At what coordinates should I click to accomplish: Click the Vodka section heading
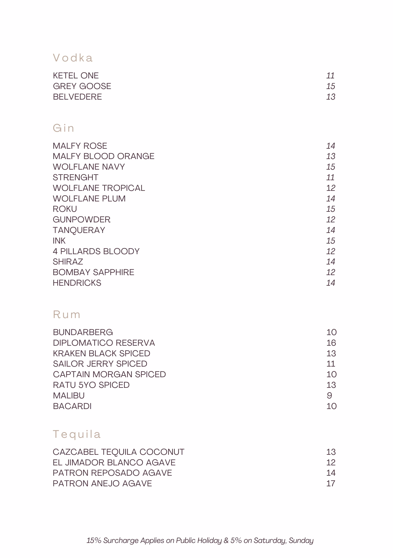73,58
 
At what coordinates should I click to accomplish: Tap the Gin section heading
64,128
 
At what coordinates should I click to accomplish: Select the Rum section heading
67,314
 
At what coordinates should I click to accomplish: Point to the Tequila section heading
77,434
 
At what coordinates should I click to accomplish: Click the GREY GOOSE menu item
82,86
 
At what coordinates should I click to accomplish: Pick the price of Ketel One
330,76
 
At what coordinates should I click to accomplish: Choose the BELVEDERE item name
77,97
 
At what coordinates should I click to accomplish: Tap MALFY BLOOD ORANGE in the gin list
103,156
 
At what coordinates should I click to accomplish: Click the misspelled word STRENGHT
76,177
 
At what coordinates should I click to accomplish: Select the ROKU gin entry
65,209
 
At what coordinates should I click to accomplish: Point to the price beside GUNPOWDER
331,220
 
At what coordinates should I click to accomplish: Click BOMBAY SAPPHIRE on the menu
93,272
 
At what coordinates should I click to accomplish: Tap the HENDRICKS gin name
77,283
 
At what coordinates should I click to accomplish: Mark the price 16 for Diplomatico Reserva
331,343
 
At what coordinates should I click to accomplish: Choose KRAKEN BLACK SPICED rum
101,353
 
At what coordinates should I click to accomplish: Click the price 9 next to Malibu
329,396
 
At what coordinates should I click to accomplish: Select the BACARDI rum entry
72,406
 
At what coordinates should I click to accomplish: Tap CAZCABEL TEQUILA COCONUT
118,452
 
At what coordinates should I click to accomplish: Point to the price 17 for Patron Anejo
331,484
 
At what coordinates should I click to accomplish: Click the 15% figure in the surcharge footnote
94,541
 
